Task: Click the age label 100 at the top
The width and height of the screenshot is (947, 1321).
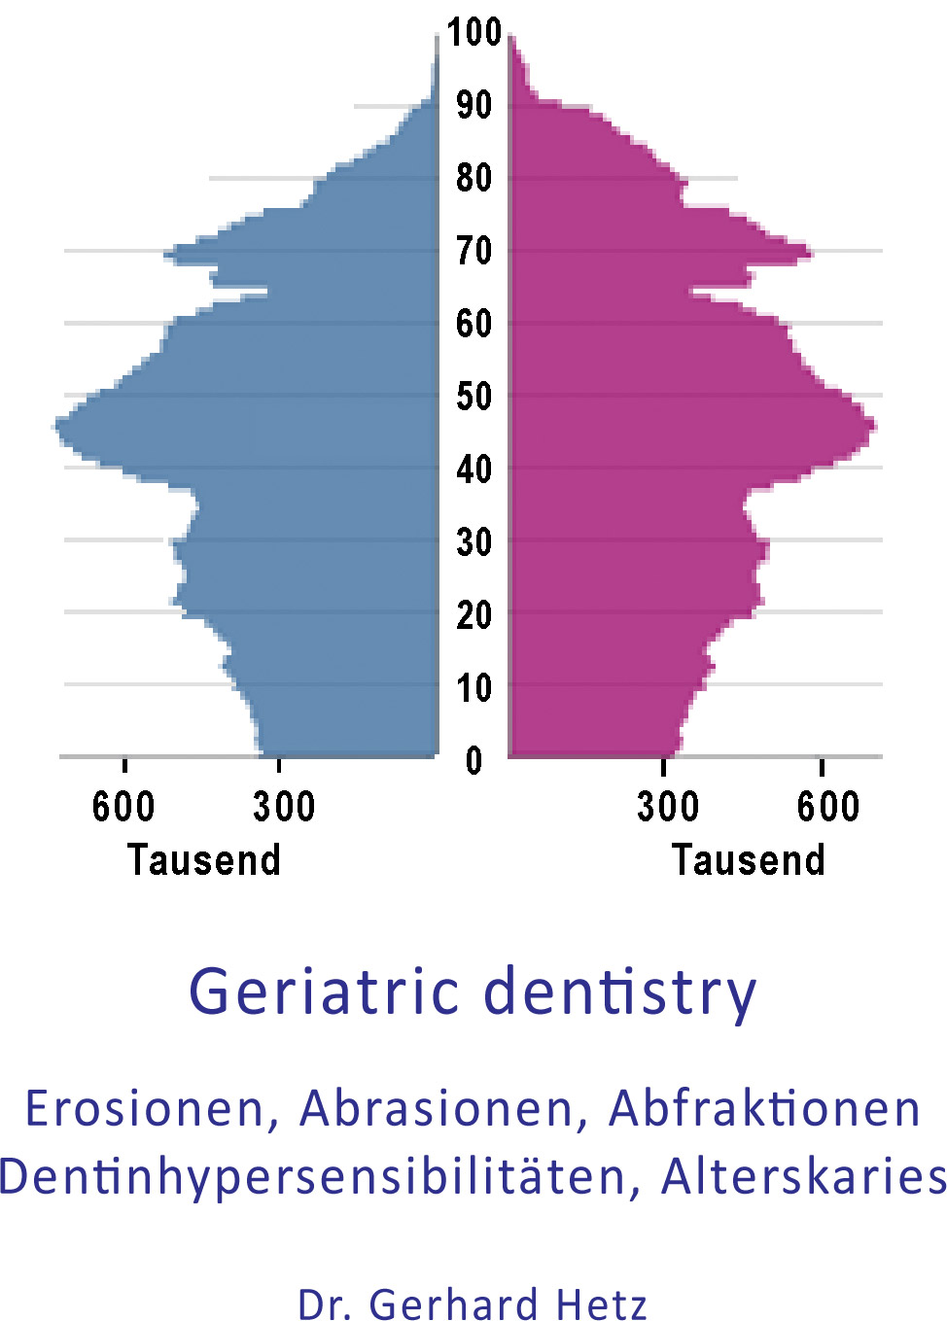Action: tap(473, 31)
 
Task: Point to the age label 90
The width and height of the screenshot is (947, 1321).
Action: tap(473, 106)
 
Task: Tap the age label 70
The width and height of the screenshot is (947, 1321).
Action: tap(473, 251)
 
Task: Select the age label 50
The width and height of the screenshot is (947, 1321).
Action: tap(473, 396)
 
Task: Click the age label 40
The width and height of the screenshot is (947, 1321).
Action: tap(473, 470)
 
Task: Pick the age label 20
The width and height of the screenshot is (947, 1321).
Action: tap(473, 615)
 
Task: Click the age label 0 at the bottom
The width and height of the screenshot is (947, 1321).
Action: tap(473, 760)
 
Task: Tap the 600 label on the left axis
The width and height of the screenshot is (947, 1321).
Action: tap(123, 806)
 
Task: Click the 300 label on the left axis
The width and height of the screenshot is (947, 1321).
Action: tap(284, 806)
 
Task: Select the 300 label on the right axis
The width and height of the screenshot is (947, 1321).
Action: tap(668, 806)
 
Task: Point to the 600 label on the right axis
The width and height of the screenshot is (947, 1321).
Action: tap(828, 806)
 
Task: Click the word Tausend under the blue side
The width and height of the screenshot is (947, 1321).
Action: tap(204, 860)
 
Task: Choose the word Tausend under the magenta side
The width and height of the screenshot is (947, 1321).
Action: tap(748, 860)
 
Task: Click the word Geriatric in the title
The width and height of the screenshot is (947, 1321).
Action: tap(324, 991)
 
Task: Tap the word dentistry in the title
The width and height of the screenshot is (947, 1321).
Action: tap(620, 995)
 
